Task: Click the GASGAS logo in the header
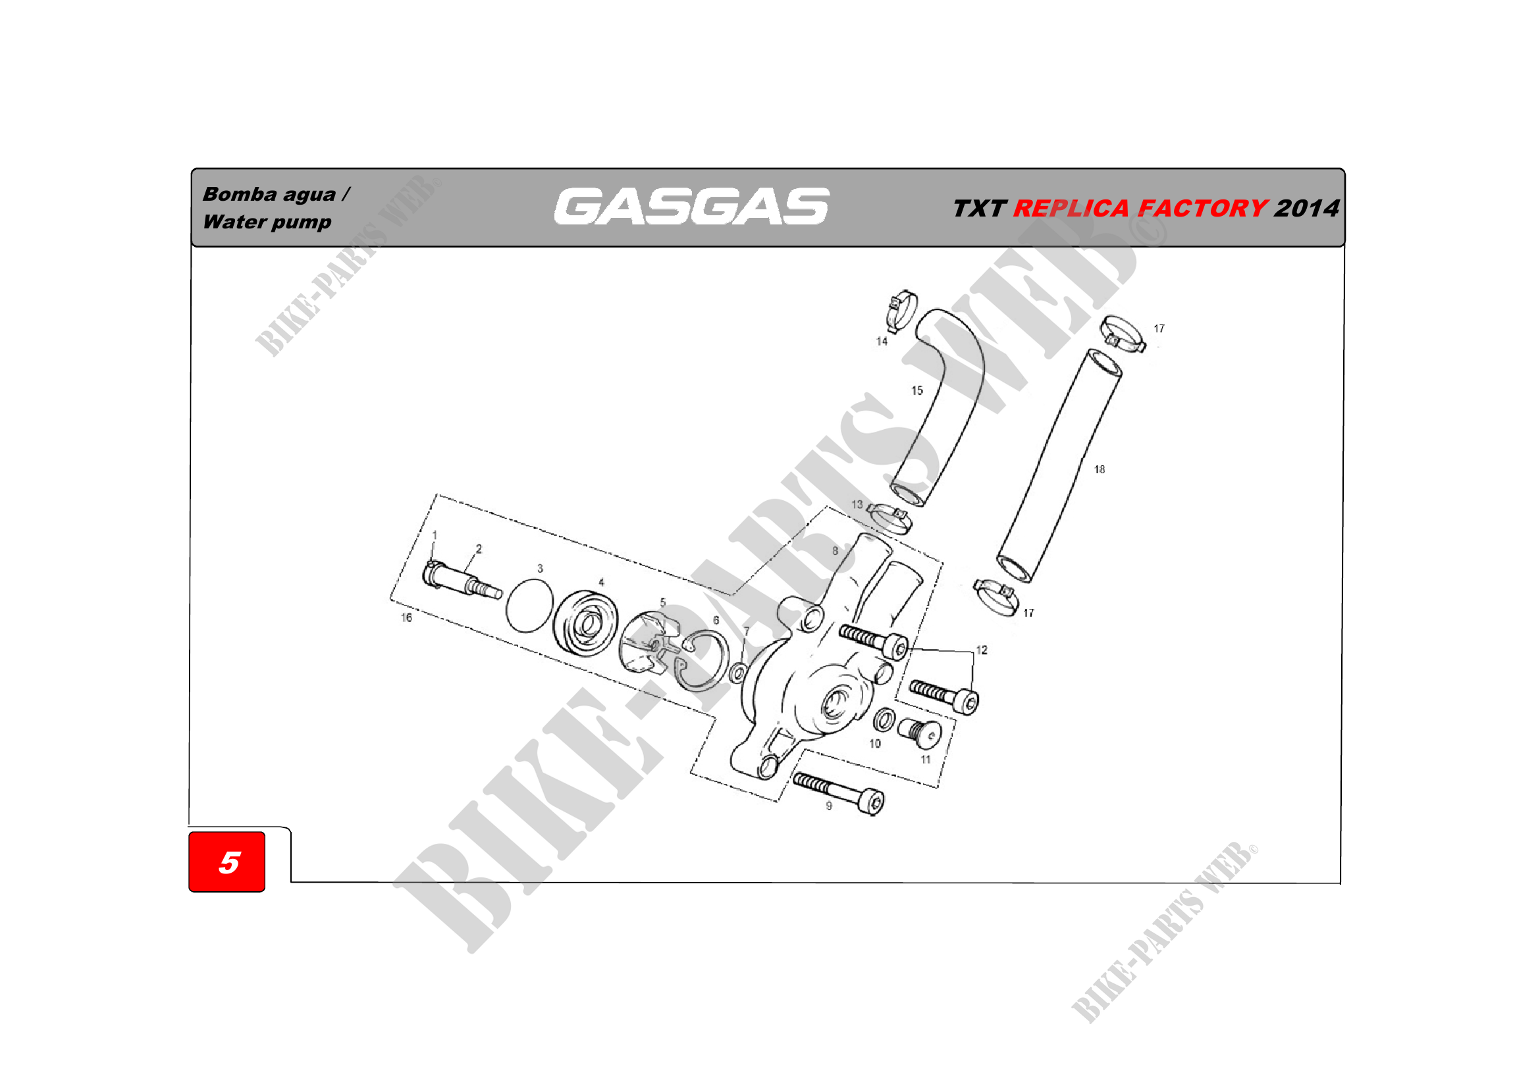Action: click(x=691, y=206)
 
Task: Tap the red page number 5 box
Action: click(x=226, y=862)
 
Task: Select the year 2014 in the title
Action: click(x=1306, y=209)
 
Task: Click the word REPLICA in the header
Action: click(x=1071, y=209)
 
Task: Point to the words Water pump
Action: click(x=267, y=222)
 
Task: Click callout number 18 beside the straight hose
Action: click(x=1100, y=469)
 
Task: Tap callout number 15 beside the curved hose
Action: click(x=917, y=390)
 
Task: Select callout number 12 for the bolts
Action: click(x=981, y=650)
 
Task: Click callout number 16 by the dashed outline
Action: click(x=406, y=617)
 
